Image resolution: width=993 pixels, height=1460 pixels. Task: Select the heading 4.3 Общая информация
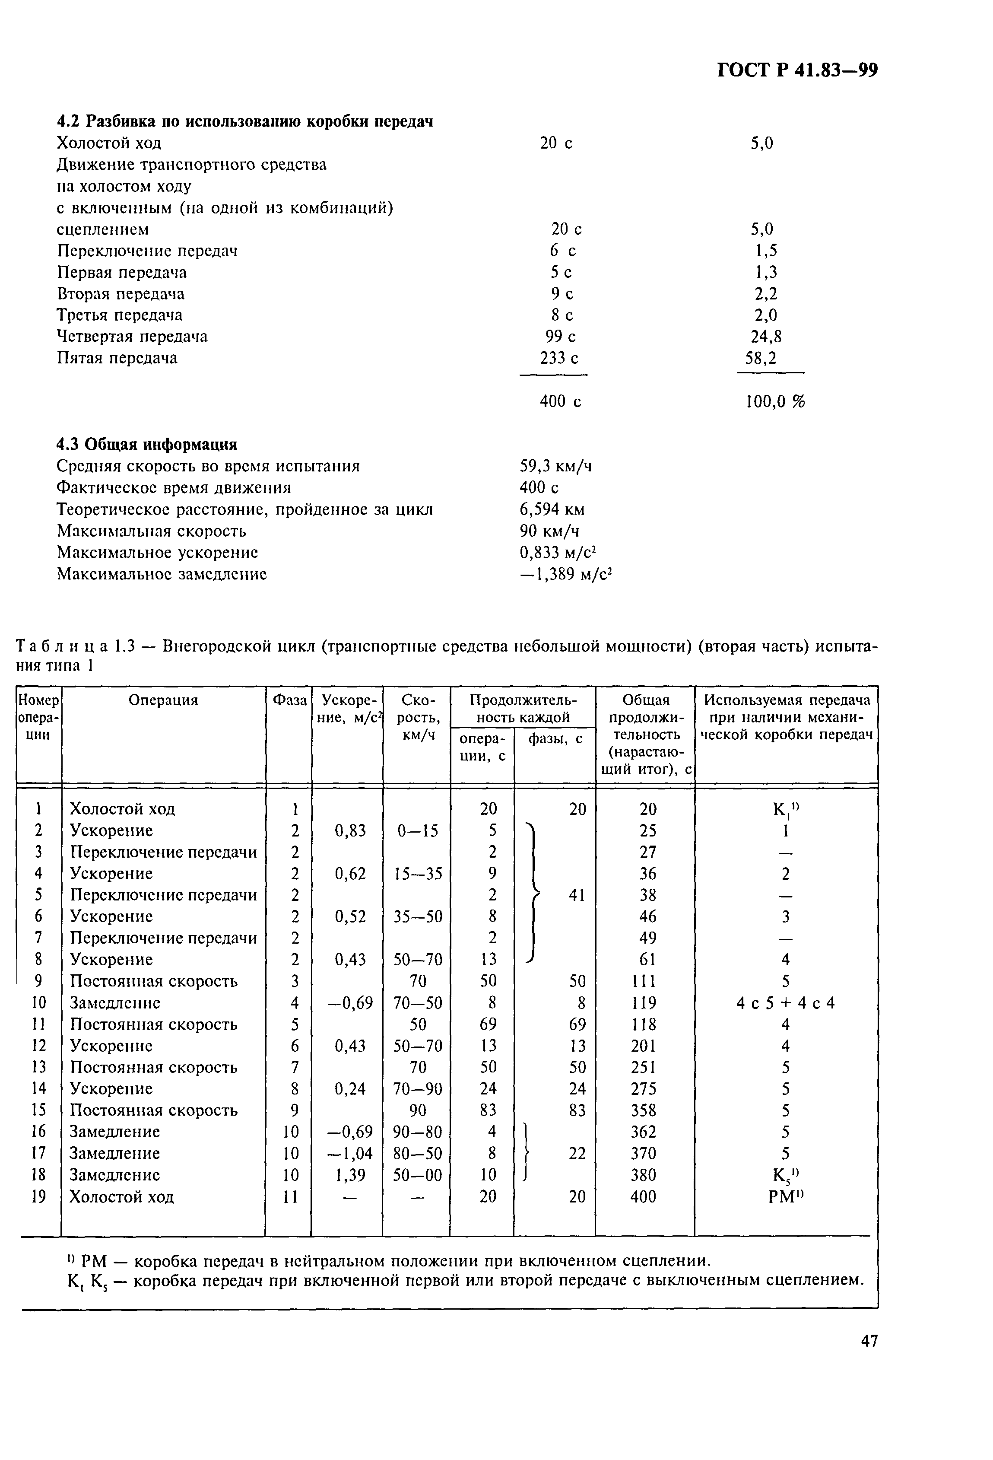[147, 445]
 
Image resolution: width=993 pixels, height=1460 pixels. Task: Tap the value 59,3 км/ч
[555, 466]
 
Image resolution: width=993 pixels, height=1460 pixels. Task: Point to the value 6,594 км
[552, 509]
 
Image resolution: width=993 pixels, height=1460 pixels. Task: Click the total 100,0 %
[774, 401]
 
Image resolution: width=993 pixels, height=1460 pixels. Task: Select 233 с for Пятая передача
[559, 358]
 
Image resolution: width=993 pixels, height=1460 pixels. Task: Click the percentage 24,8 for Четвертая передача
[766, 337]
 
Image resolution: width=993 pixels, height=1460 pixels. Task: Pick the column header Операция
[163, 700]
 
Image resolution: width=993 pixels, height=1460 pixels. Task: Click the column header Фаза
[289, 700]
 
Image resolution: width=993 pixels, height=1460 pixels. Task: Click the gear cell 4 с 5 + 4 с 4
[785, 1003]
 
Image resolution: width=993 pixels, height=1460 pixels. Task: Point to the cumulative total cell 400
[643, 1197]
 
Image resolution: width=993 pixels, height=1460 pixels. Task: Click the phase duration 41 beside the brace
[577, 895]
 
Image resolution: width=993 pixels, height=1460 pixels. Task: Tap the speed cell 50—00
[417, 1175]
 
